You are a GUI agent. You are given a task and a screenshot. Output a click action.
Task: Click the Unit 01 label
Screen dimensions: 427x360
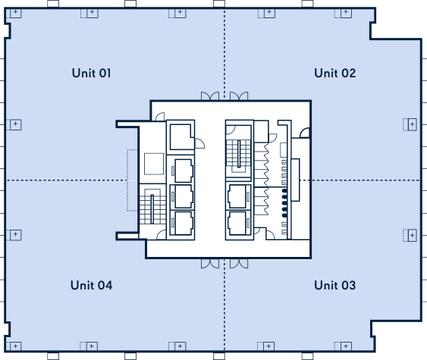click(91, 73)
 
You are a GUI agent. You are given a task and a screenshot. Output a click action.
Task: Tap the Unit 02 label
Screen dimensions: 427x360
click(334, 73)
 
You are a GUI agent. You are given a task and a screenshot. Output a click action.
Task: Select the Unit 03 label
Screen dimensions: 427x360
click(334, 285)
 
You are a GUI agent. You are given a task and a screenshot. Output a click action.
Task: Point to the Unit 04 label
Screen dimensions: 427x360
click(91, 285)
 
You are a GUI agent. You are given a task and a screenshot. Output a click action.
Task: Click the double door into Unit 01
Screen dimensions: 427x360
click(210, 96)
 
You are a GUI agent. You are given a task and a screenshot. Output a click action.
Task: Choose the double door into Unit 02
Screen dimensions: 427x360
click(239, 96)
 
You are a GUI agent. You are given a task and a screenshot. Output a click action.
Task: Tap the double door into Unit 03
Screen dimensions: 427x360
click(239, 264)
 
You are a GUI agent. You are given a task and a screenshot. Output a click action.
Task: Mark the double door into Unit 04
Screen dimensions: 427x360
click(210, 264)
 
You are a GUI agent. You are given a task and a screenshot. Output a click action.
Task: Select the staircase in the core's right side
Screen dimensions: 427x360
click(239, 156)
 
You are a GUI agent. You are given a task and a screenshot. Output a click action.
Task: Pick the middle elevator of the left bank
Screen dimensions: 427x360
click(182, 196)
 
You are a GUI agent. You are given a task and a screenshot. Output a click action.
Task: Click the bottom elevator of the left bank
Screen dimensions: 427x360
click(182, 223)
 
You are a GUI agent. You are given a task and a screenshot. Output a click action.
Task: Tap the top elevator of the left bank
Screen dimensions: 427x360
click(182, 171)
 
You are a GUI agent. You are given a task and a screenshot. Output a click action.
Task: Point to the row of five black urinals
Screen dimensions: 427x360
click(284, 203)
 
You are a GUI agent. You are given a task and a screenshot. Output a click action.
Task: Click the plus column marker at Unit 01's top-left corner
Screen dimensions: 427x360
click(15, 12)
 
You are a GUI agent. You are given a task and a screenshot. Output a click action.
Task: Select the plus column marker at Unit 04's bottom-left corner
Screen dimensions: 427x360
click(15, 346)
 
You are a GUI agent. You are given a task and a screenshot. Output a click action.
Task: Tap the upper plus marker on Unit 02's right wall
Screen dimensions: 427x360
click(412, 124)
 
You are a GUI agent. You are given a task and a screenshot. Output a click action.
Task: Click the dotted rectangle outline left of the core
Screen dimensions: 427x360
click(132, 180)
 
